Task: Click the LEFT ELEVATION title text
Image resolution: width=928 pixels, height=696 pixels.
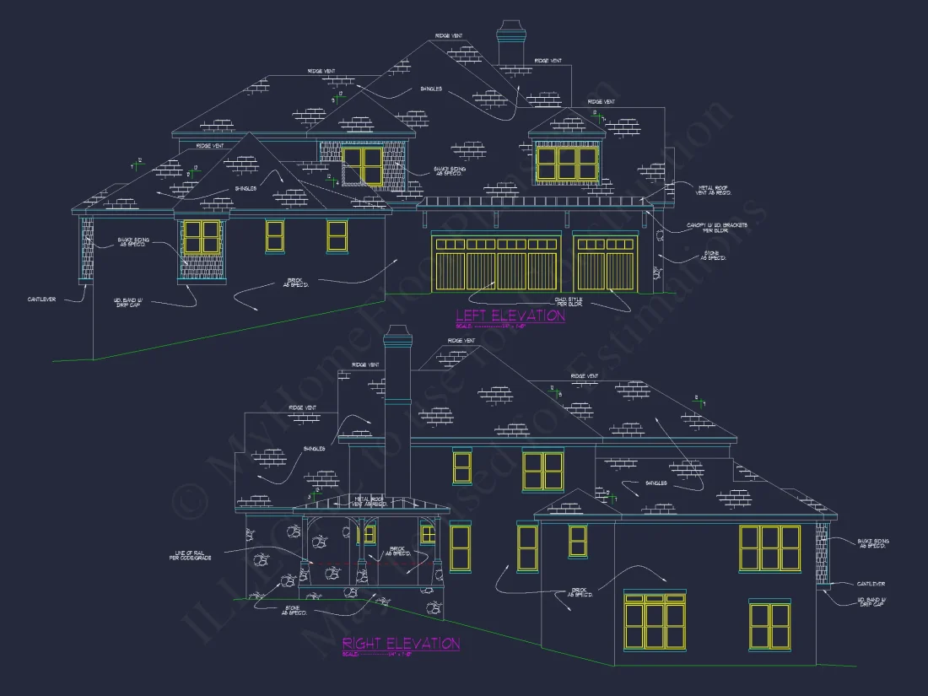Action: point(510,316)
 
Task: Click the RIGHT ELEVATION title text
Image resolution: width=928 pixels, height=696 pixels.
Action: point(401,644)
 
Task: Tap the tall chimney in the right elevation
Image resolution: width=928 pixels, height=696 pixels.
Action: point(396,397)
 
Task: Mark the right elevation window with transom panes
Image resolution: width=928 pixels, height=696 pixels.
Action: point(655,621)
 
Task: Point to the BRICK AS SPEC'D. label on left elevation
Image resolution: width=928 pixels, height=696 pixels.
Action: point(294,282)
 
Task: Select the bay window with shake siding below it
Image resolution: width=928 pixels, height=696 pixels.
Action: point(201,238)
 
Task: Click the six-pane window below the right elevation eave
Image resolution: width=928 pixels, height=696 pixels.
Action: point(769,547)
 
